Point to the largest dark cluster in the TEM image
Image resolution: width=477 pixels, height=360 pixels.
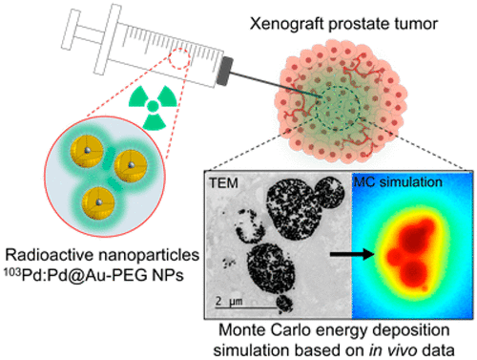tap(292, 212)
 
